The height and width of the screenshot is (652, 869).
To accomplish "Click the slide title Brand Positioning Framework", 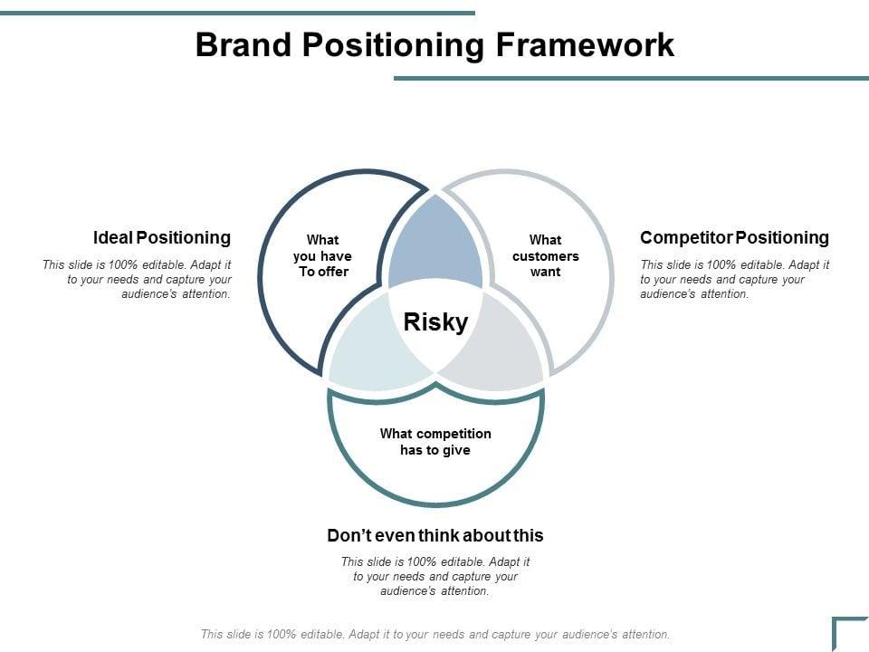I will coord(434,45).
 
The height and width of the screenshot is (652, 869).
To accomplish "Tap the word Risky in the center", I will coord(435,322).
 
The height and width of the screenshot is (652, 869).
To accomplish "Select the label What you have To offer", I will coord(323,255).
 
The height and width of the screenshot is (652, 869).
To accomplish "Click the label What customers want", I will coord(545,255).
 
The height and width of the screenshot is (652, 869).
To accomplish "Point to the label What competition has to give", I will coord(435,442).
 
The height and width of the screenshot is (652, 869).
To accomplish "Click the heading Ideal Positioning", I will coord(162,237).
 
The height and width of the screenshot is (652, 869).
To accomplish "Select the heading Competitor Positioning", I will coord(734,237).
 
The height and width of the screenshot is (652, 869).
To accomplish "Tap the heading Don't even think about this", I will coord(435,535).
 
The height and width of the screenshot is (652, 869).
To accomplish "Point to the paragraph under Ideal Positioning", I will coord(138,280).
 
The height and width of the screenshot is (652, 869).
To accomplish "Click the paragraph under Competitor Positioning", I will coord(735,280).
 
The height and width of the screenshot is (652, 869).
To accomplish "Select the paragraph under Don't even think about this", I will coord(435,577).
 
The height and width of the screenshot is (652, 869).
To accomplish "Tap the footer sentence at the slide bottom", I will coord(435,635).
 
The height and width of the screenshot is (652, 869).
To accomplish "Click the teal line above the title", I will coord(237,13).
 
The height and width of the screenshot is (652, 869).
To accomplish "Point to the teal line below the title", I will coord(631,78).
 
